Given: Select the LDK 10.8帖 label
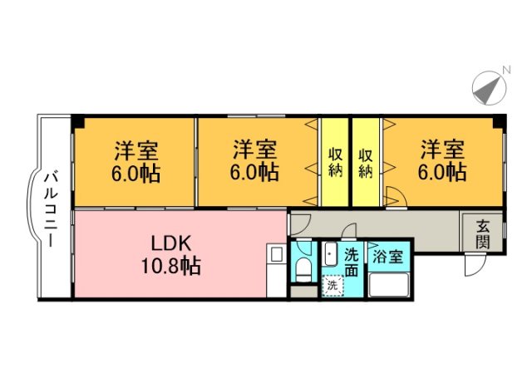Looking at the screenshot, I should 171,255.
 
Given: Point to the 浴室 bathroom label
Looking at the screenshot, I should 387,257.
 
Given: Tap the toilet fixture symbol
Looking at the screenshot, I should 303,267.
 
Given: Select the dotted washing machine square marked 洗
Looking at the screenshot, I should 332,284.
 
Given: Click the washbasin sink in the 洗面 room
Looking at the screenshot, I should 330,254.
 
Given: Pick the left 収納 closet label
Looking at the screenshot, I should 335,163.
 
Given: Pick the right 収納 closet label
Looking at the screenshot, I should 366,163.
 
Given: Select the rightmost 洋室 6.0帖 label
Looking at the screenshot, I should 441,163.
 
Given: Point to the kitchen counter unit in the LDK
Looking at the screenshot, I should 276,271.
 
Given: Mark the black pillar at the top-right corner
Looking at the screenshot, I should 499,122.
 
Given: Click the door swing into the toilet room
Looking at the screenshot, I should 300,223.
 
